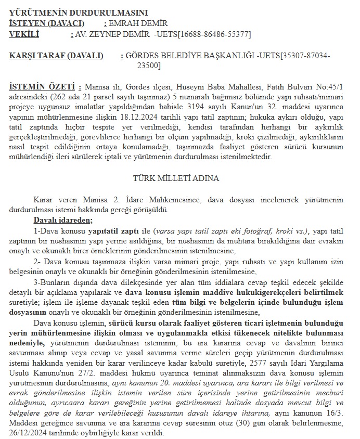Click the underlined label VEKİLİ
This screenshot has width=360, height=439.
24,34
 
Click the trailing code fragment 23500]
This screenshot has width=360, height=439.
149,66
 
